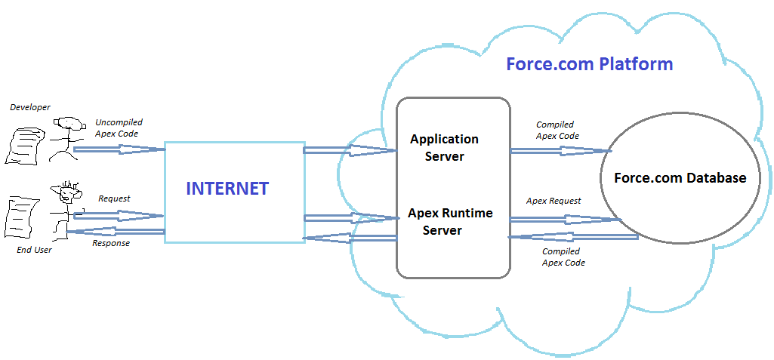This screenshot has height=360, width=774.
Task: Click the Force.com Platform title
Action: point(589,64)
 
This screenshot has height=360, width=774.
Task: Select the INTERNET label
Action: point(227,188)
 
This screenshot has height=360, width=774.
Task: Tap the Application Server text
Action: point(444,148)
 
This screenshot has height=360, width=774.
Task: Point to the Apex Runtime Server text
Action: point(450,221)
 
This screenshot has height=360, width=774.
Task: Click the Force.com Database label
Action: point(680,178)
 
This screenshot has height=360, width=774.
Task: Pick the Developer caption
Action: point(30,107)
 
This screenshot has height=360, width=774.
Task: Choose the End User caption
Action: point(34,250)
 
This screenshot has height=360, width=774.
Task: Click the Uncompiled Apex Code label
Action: point(119,128)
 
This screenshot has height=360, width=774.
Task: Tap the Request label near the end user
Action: point(114,198)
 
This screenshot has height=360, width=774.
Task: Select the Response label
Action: point(111,243)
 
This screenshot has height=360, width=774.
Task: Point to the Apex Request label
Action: point(554,201)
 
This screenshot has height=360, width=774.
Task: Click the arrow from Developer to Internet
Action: point(119,149)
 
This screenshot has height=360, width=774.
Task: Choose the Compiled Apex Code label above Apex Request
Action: point(557,130)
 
